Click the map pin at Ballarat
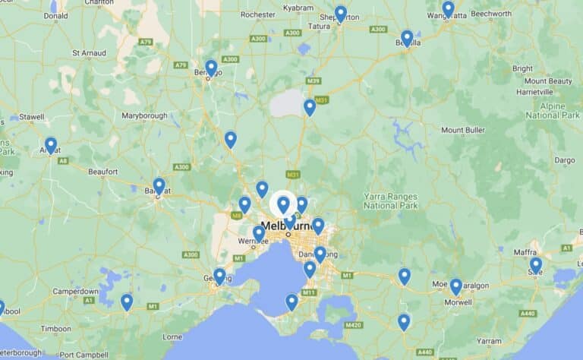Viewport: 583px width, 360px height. (159, 185)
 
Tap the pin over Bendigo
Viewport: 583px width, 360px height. (211, 68)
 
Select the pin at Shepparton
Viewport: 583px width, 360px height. (341, 14)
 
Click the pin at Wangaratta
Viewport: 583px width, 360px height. (449, 8)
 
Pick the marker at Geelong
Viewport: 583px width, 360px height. (219, 276)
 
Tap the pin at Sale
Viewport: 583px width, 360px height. (536, 264)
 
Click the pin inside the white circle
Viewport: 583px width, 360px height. (283, 204)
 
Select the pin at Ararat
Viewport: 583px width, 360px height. (51, 144)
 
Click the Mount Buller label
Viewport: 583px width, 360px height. (462, 131)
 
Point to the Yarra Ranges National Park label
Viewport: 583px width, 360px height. (391, 201)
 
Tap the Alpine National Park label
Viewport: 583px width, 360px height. (553, 110)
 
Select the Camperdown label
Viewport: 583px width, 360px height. (75, 292)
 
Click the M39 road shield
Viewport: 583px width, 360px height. (314, 81)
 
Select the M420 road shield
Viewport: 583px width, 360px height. (353, 325)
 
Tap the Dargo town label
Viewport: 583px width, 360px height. (565, 160)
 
